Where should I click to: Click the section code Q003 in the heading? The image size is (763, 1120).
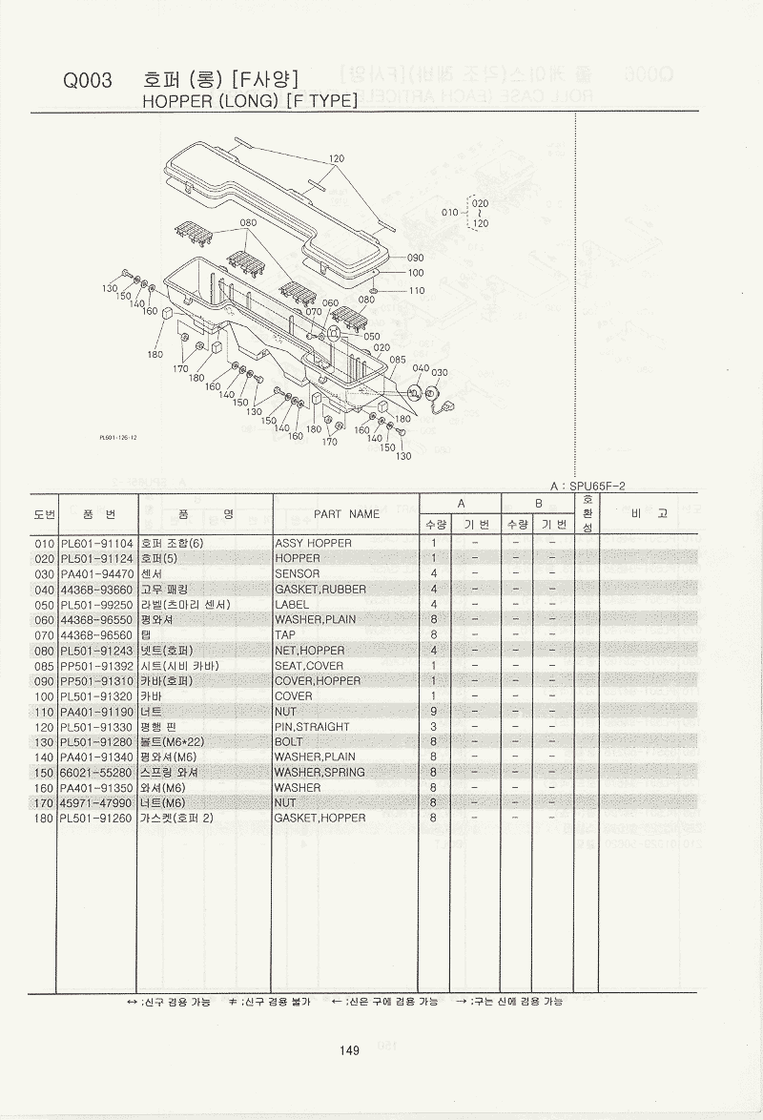coord(88,82)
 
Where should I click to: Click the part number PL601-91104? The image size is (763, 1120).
coord(97,543)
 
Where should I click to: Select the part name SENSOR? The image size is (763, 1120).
coord(298,573)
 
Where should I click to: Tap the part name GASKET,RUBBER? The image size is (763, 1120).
coord(320,589)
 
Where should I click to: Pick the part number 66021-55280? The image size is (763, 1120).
coord(96,772)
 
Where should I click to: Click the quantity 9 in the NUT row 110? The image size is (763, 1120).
coord(433,711)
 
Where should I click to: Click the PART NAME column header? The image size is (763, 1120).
coord(346,513)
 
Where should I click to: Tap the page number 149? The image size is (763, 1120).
coord(348,1050)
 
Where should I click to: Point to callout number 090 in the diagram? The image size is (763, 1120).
coord(415,258)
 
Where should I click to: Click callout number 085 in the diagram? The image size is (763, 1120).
coord(397,360)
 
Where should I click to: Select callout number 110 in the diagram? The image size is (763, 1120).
coord(416,290)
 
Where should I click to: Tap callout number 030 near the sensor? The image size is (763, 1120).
coord(440,372)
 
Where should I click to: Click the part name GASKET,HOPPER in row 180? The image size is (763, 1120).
coord(320,818)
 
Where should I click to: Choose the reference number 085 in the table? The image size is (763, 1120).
coord(44,665)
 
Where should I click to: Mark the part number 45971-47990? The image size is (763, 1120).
coord(96,802)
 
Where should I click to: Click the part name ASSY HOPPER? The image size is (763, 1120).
coord(313,543)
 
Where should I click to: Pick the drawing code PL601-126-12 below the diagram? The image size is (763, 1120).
coord(118,438)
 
